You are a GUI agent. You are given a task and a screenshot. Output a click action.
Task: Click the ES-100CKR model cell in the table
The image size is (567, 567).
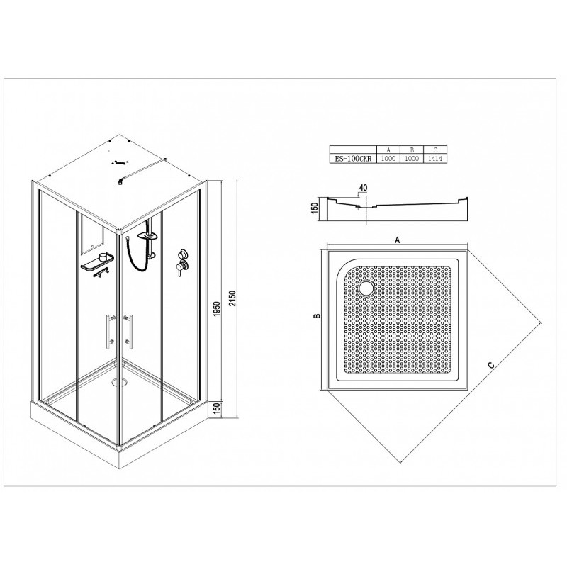(353, 159)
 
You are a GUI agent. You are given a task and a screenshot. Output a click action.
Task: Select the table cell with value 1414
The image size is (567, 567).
(435, 159)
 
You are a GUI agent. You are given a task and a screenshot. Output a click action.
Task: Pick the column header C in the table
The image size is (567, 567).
(435, 150)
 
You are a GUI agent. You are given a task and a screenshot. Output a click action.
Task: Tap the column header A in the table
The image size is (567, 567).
(388, 150)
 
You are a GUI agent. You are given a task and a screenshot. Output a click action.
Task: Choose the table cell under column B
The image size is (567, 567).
(412, 159)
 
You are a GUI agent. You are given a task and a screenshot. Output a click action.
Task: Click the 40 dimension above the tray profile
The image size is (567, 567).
(363, 188)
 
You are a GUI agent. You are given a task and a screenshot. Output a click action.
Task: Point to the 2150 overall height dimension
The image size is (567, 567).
(232, 298)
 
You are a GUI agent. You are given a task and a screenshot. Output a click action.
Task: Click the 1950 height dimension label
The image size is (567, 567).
(217, 309)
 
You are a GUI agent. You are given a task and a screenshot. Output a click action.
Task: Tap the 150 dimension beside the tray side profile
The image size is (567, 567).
(314, 208)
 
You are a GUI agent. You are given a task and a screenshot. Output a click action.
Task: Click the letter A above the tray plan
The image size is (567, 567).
(398, 240)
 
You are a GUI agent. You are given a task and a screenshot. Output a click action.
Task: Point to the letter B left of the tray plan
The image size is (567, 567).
(317, 316)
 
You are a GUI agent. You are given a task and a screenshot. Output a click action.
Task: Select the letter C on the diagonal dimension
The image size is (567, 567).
(490, 365)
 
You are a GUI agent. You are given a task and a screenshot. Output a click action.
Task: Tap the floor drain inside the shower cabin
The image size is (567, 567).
(120, 381)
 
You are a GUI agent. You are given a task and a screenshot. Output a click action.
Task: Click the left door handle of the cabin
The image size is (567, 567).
(110, 332)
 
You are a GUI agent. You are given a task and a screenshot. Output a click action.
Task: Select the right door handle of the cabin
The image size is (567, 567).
(128, 332)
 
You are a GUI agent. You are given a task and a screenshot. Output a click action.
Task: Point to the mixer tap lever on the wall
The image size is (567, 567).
(179, 268)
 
